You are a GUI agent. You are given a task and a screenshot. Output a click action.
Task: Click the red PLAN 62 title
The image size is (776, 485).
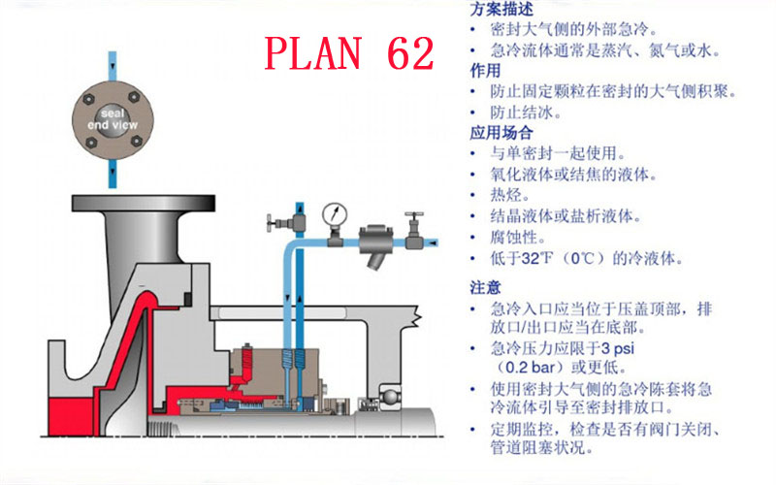(x=349, y=53)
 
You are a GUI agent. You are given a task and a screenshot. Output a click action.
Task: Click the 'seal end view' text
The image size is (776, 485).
(x=113, y=119)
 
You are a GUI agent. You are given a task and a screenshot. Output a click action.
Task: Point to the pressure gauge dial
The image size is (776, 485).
(x=335, y=214)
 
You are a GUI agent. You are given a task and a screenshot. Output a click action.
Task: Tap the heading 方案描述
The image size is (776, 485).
(x=501, y=9)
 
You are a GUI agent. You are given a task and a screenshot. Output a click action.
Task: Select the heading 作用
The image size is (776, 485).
(x=486, y=71)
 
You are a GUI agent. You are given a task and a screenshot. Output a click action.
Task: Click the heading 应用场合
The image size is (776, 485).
(x=501, y=133)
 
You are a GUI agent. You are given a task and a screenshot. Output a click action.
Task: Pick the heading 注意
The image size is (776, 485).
(x=486, y=287)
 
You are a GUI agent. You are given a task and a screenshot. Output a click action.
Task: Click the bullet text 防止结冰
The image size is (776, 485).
(x=526, y=113)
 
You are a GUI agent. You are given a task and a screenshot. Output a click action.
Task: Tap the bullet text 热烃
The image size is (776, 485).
(x=510, y=195)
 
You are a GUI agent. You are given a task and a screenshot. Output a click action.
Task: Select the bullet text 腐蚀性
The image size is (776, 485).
(x=518, y=237)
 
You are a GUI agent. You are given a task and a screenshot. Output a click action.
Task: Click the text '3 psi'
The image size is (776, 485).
(x=618, y=348)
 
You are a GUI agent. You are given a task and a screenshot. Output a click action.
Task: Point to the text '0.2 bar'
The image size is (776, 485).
(x=533, y=368)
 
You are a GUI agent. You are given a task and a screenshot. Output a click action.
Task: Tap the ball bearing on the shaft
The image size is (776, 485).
(x=391, y=398)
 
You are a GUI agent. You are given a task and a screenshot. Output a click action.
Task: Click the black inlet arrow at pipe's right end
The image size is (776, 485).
(x=433, y=242)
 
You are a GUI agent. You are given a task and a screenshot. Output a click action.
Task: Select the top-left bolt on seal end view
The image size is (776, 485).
(x=88, y=99)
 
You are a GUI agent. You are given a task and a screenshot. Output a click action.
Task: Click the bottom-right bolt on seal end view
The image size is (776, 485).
(x=136, y=142)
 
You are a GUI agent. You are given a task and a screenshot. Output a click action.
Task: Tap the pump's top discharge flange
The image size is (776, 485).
(x=144, y=203)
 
